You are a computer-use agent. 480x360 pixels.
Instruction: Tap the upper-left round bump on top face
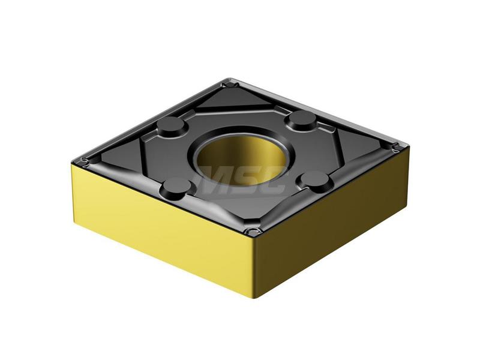172,126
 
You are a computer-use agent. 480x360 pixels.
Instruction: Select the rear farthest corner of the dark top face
227,80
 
